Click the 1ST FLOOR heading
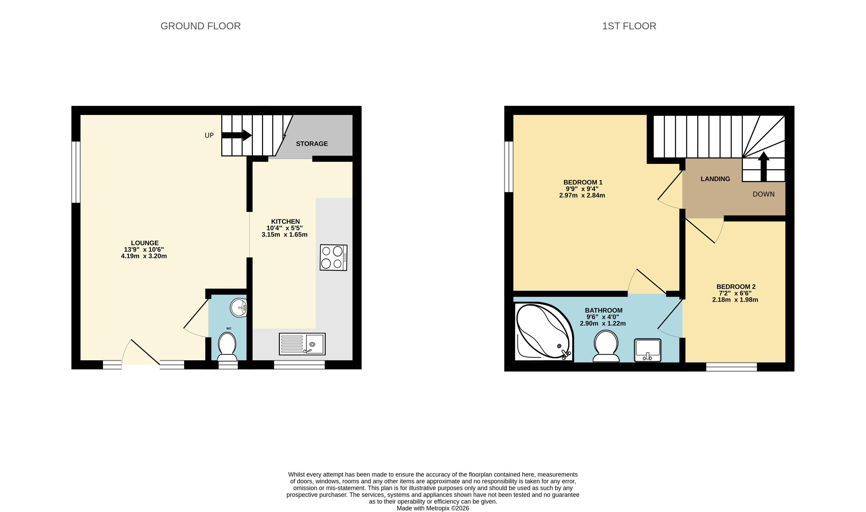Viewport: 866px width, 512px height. point(629,26)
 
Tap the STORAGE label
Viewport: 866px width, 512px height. point(312,144)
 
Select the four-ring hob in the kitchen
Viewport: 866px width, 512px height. point(333,258)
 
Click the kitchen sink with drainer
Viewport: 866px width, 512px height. point(302,344)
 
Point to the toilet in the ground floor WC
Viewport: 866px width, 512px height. point(227,347)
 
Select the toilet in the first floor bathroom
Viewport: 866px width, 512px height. point(606,346)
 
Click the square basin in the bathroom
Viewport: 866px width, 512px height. point(647,350)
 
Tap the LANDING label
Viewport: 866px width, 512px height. point(715,179)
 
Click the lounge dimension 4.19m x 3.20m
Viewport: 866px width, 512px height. point(144,256)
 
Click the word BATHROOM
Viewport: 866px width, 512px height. point(604,311)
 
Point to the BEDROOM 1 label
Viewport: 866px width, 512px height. point(583,182)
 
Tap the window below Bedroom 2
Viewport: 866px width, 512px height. point(731,367)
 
